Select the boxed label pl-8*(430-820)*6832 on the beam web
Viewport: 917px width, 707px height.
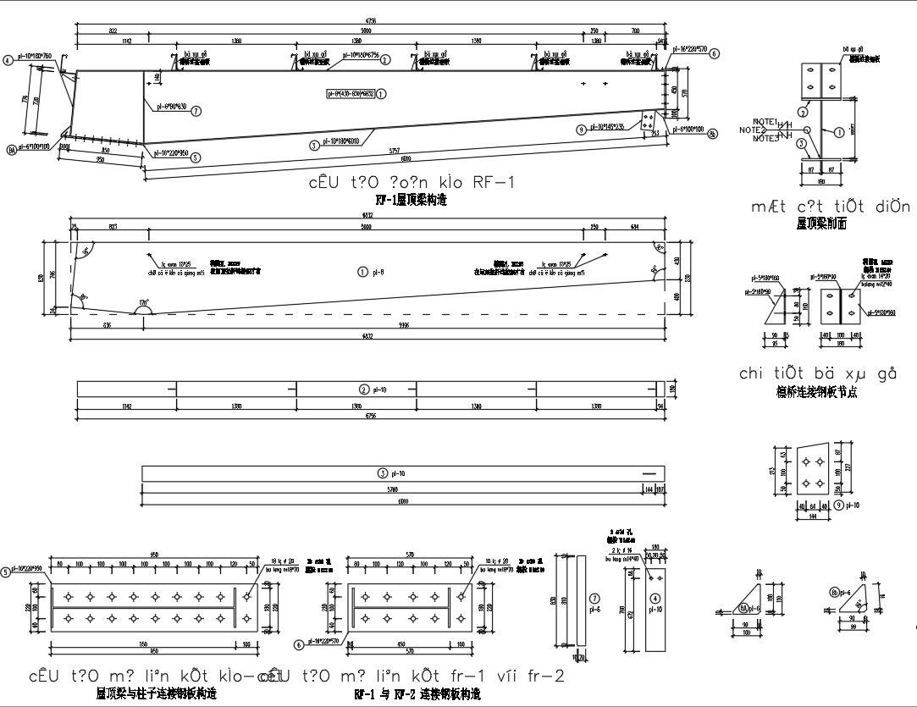tap(352, 93)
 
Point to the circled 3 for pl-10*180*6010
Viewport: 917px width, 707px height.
tap(314, 145)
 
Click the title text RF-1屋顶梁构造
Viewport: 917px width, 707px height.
tap(411, 201)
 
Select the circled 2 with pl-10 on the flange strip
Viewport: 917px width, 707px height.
tap(364, 389)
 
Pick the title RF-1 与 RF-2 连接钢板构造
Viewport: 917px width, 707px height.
tap(417, 694)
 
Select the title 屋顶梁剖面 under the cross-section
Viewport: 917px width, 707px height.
tap(821, 224)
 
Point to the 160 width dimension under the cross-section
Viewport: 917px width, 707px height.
tap(820, 179)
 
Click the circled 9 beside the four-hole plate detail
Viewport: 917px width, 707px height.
tap(838, 505)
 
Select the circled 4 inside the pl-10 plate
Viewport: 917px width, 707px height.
tap(655, 577)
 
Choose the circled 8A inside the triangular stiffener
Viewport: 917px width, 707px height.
tap(745, 607)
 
